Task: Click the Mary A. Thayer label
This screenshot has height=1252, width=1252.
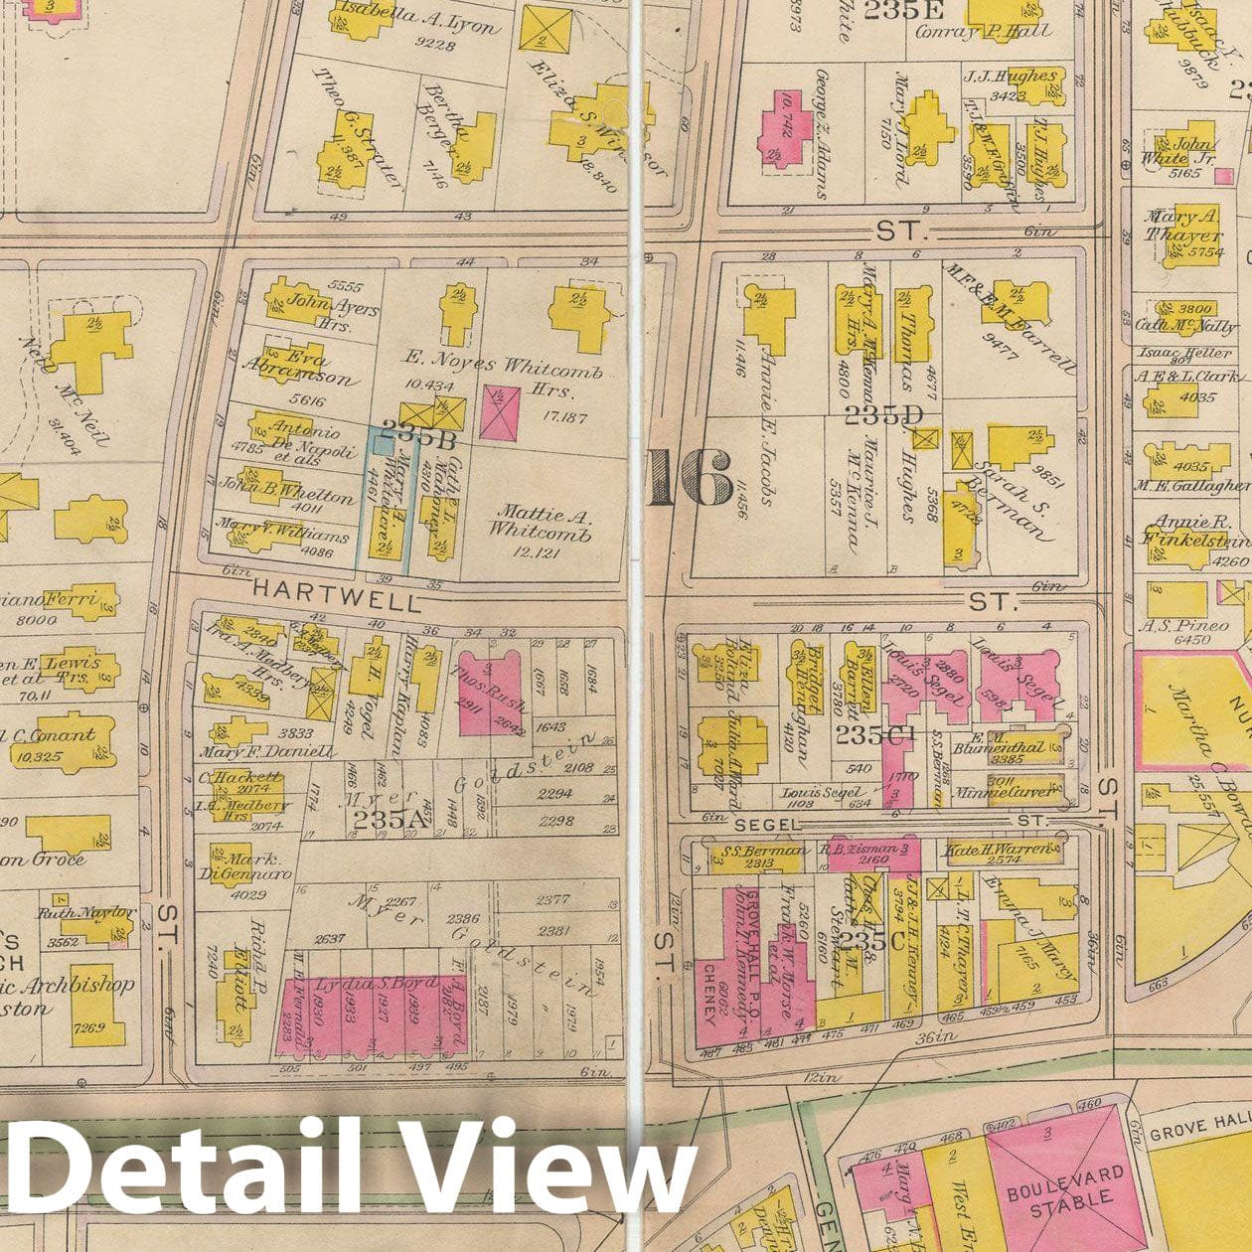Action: (x=1181, y=227)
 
